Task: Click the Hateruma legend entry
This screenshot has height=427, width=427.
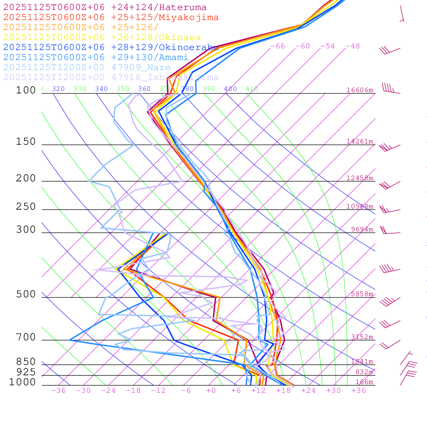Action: click(105, 8)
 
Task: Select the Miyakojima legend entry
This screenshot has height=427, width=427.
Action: click(111, 18)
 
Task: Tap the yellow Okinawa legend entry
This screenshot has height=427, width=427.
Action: click(102, 38)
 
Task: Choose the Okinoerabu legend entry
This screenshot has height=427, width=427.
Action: click(111, 48)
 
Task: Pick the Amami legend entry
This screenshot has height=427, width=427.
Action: click(95, 58)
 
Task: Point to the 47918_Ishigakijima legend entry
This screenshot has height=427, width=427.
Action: click(111, 78)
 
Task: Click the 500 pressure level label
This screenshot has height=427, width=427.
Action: click(26, 294)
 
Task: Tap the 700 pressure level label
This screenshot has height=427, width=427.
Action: click(26, 337)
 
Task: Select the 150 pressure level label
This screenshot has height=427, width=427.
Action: click(26, 142)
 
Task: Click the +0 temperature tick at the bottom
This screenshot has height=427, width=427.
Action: click(211, 390)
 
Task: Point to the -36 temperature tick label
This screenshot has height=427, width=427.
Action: click(58, 390)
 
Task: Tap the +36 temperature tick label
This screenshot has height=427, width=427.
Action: click(359, 390)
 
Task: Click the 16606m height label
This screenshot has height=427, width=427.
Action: click(359, 90)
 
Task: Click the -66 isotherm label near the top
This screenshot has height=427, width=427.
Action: click(278, 46)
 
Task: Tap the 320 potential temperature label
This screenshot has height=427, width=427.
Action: click(58, 89)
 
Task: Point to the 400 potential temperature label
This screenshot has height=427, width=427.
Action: click(230, 89)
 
